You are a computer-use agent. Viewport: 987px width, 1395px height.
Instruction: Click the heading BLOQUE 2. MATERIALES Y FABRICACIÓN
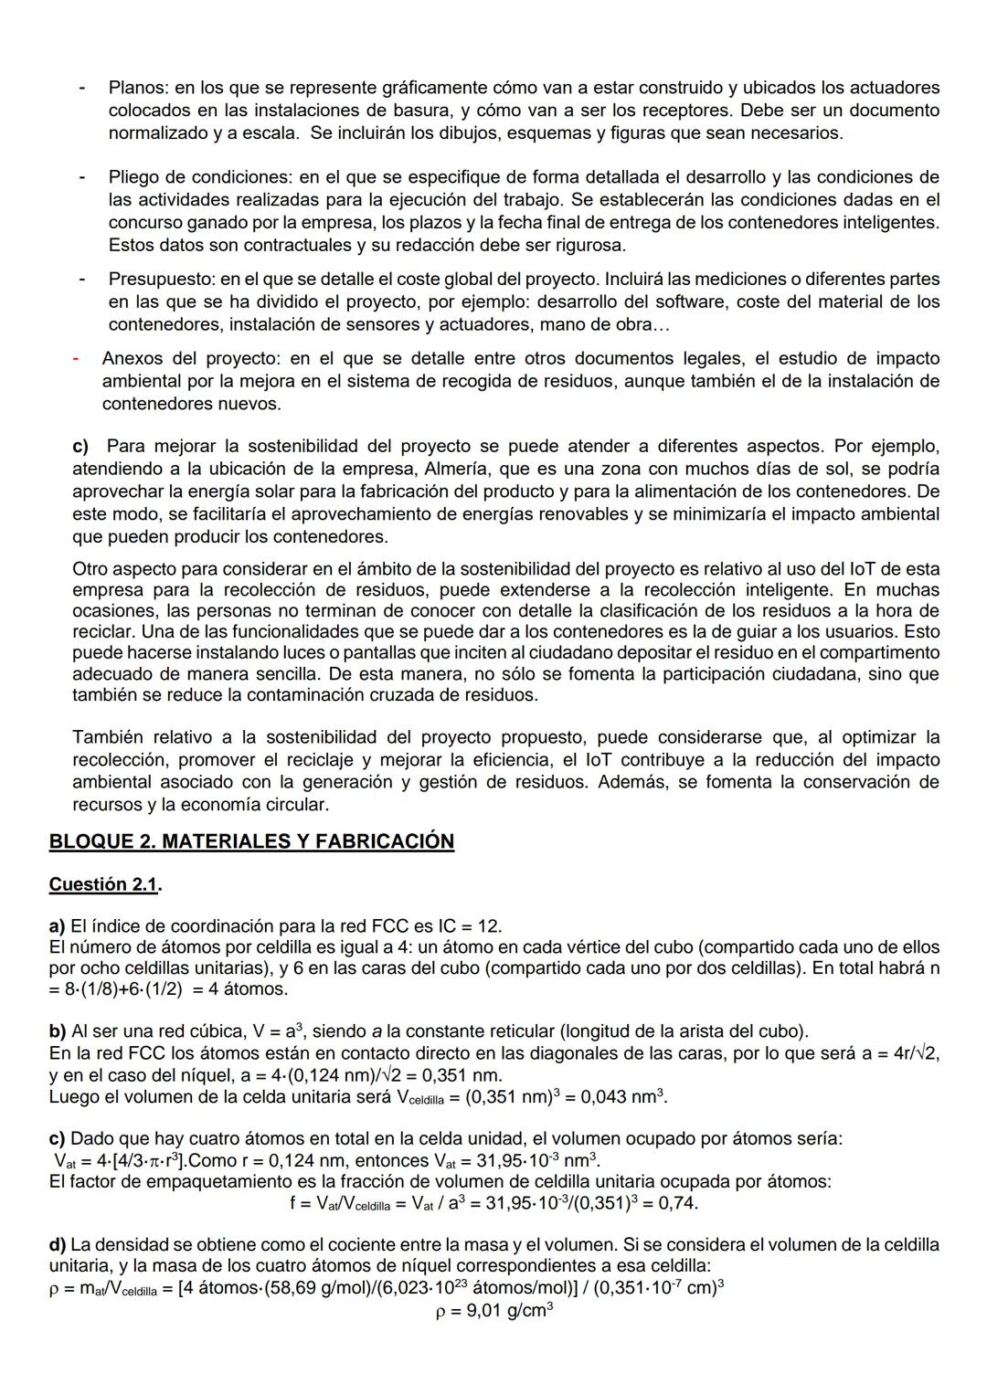251,841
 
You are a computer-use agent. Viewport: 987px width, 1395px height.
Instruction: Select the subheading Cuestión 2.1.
105,884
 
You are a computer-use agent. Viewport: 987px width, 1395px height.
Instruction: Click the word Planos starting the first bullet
137,89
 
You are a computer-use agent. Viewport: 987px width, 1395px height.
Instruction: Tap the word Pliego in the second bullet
134,177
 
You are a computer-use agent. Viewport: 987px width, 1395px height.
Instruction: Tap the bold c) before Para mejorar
80,447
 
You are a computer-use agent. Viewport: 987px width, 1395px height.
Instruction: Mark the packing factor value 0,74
678,1203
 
